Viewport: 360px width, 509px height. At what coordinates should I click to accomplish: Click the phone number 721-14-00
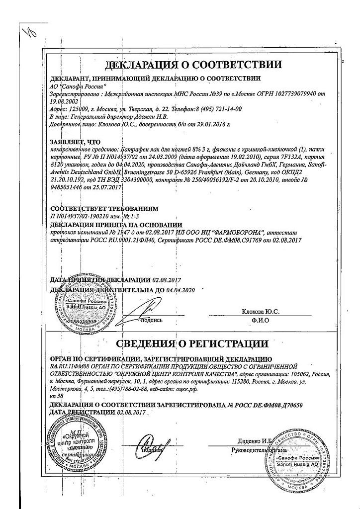(226, 108)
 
